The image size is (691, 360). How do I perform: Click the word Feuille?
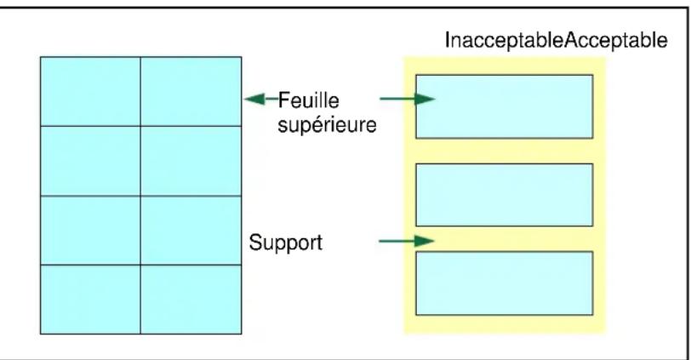(x=308, y=100)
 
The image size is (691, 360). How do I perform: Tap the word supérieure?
(x=327, y=125)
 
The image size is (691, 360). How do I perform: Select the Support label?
(x=286, y=243)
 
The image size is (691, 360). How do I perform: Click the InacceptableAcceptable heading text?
(x=557, y=40)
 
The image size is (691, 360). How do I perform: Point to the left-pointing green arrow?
(x=261, y=99)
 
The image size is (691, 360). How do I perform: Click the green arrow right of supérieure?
(x=408, y=99)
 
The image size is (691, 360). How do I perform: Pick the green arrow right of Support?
(x=407, y=241)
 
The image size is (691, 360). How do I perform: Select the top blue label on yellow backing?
(x=504, y=106)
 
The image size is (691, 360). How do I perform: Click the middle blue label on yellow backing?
(x=504, y=195)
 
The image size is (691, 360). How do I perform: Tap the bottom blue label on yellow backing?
(x=504, y=283)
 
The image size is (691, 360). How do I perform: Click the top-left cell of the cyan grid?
(x=90, y=91)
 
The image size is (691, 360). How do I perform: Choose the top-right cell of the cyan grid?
(x=191, y=91)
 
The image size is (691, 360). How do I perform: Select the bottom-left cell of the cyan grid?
(x=90, y=300)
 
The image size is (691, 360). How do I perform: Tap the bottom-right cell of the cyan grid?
(x=191, y=300)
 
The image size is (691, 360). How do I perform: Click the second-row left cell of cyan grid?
(x=90, y=161)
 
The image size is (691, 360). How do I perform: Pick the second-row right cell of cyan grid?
(x=191, y=161)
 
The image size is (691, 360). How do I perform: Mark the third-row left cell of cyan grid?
(x=90, y=230)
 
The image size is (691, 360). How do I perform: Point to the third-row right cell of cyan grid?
(x=191, y=230)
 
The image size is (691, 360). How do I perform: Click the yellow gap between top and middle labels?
(x=504, y=151)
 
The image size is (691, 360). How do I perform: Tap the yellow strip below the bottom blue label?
(x=505, y=324)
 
